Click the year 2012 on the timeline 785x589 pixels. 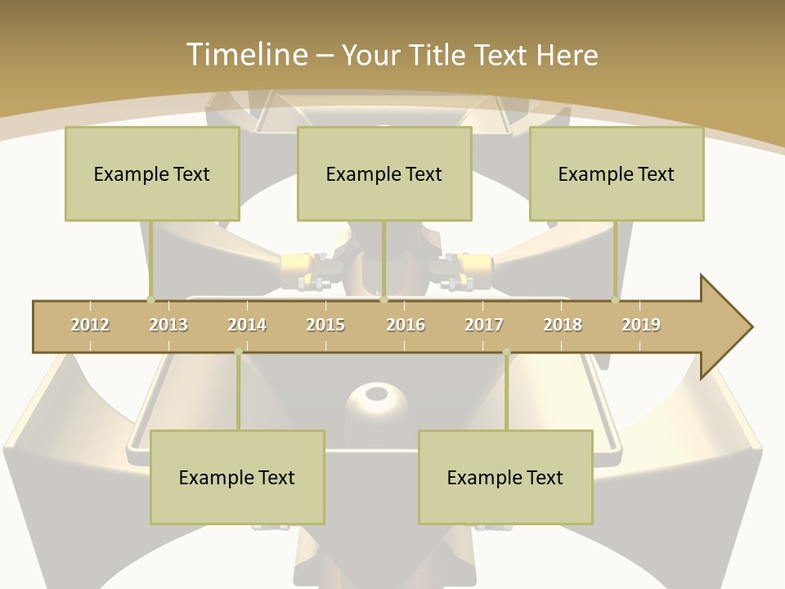[x=90, y=325]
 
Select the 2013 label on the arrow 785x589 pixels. [x=168, y=325]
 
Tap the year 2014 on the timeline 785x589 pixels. [x=247, y=325]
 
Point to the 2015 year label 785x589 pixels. [x=325, y=325]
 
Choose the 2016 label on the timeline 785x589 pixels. [x=406, y=325]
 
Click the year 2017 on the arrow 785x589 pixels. [x=484, y=325]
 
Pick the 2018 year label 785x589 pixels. [x=563, y=325]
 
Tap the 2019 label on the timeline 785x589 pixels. [x=641, y=325]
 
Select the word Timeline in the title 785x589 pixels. [x=245, y=55]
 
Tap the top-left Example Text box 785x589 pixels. [x=152, y=173]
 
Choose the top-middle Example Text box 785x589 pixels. [x=384, y=173]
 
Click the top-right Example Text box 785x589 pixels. [x=617, y=173]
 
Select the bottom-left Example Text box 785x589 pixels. [x=237, y=477]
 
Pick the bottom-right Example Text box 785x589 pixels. [x=505, y=477]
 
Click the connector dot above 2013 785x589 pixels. [x=150, y=299]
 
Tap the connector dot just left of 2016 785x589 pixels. [x=384, y=299]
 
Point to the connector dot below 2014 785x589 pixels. [x=238, y=353]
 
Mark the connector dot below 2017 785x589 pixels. [x=506, y=353]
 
